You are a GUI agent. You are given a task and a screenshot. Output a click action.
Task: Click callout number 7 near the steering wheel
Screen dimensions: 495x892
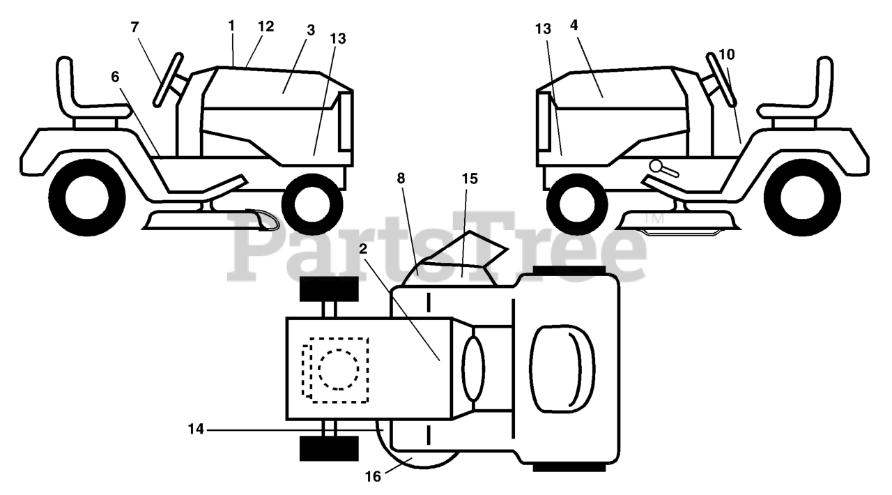click(134, 27)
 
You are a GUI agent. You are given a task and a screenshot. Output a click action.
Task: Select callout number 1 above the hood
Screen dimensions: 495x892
click(231, 25)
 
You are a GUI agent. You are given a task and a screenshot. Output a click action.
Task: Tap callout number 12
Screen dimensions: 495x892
click(266, 26)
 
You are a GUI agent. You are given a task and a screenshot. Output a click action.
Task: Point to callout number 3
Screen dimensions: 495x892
click(310, 30)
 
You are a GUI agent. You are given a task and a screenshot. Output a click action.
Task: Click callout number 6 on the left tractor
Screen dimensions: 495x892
click(114, 77)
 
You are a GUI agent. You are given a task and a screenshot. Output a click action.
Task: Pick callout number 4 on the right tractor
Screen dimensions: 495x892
click(574, 25)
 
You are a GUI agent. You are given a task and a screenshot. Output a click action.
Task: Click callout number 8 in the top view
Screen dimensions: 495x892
click(401, 178)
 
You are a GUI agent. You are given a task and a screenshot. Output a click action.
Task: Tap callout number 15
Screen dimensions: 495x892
click(469, 178)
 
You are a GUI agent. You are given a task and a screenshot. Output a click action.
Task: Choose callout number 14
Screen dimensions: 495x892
click(196, 430)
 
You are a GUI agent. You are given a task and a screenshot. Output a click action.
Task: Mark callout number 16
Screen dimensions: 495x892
click(374, 477)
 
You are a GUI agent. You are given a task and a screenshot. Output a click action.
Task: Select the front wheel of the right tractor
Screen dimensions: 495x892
click(578, 204)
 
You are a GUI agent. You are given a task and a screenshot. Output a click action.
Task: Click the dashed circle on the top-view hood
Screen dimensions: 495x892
click(339, 369)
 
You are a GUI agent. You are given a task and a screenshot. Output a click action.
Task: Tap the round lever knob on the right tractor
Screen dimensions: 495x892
click(655, 166)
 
